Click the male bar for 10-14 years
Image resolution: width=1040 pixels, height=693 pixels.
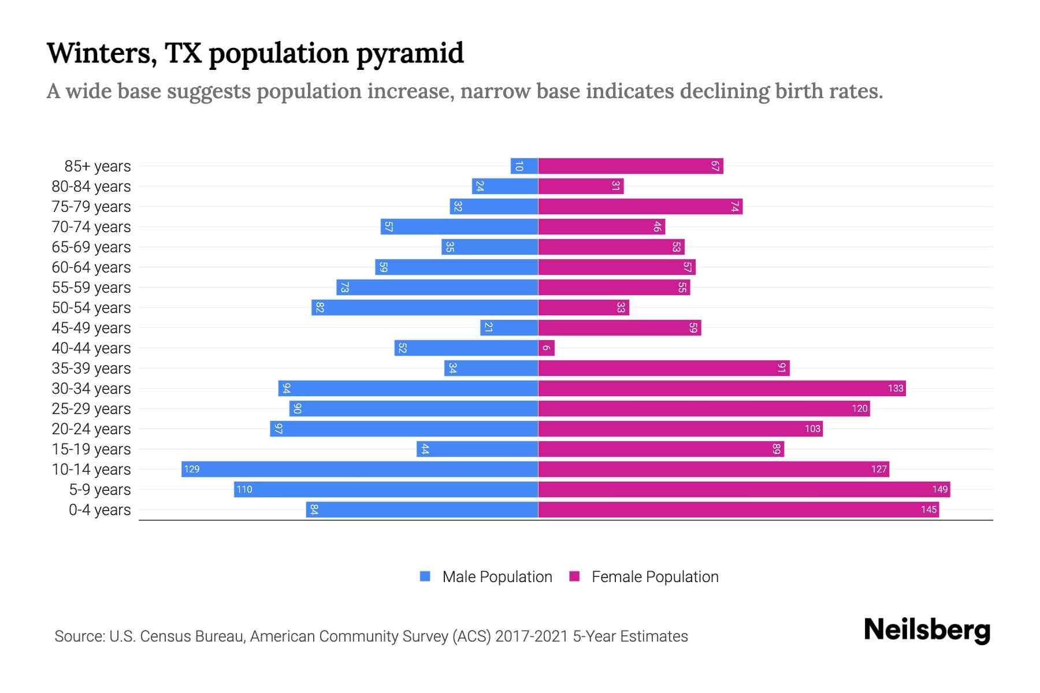(x=359, y=469)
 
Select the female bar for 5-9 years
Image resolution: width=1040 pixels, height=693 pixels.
(x=744, y=489)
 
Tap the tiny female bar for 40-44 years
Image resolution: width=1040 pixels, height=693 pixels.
(x=546, y=348)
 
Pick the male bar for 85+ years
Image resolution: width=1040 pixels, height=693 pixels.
(x=524, y=166)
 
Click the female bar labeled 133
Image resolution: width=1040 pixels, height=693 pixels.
(x=722, y=388)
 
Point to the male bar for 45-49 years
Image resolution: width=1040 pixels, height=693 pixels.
(x=509, y=327)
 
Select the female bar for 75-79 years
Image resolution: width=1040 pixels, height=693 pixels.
(x=640, y=206)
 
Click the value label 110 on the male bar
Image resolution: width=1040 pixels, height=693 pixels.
(x=244, y=489)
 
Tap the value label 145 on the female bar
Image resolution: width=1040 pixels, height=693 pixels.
(x=928, y=509)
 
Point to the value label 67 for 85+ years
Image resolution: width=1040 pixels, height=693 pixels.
(x=715, y=166)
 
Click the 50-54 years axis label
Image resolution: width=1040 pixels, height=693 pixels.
(x=91, y=308)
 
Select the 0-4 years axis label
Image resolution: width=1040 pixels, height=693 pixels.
(x=99, y=510)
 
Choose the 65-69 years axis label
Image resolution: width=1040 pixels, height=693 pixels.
(x=91, y=247)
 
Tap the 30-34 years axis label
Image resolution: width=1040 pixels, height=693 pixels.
(x=91, y=389)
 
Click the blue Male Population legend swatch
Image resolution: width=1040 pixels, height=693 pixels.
(x=425, y=576)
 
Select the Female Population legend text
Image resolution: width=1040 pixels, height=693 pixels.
(x=655, y=576)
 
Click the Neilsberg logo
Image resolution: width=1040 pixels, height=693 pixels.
(x=927, y=630)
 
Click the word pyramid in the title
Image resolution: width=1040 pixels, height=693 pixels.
(x=410, y=54)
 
